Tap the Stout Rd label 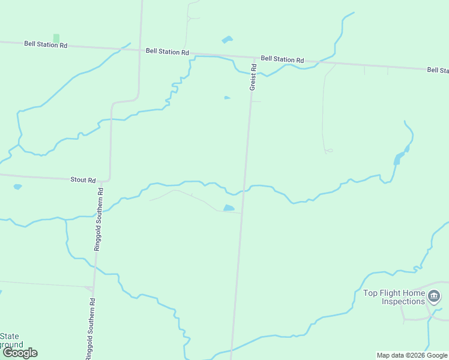83,179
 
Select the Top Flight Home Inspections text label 394,297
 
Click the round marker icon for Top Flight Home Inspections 435,296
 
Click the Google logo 20,353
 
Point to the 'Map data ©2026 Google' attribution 412,355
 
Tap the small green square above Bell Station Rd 56,38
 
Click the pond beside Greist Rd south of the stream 229,208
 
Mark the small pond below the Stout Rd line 17,187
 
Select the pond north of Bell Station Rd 227,40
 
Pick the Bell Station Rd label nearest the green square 46,44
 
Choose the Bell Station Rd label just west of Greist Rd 167,52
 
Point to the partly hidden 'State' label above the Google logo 10,336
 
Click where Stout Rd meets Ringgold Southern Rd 109,180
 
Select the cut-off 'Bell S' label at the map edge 438,70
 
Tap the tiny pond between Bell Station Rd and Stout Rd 227,98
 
